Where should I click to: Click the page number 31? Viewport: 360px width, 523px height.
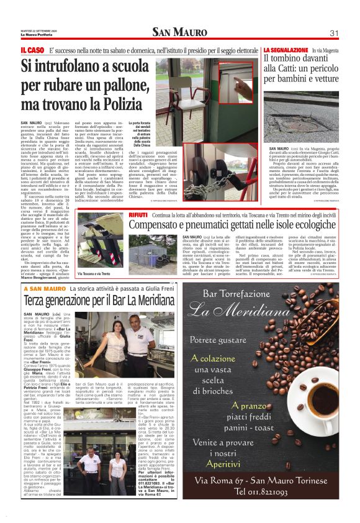pyautogui.click(x=333, y=33)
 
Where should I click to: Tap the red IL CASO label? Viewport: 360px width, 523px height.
pyautogui.click(x=32, y=49)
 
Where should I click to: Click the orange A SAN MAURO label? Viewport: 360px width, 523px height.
pyautogui.click(x=45, y=289)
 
